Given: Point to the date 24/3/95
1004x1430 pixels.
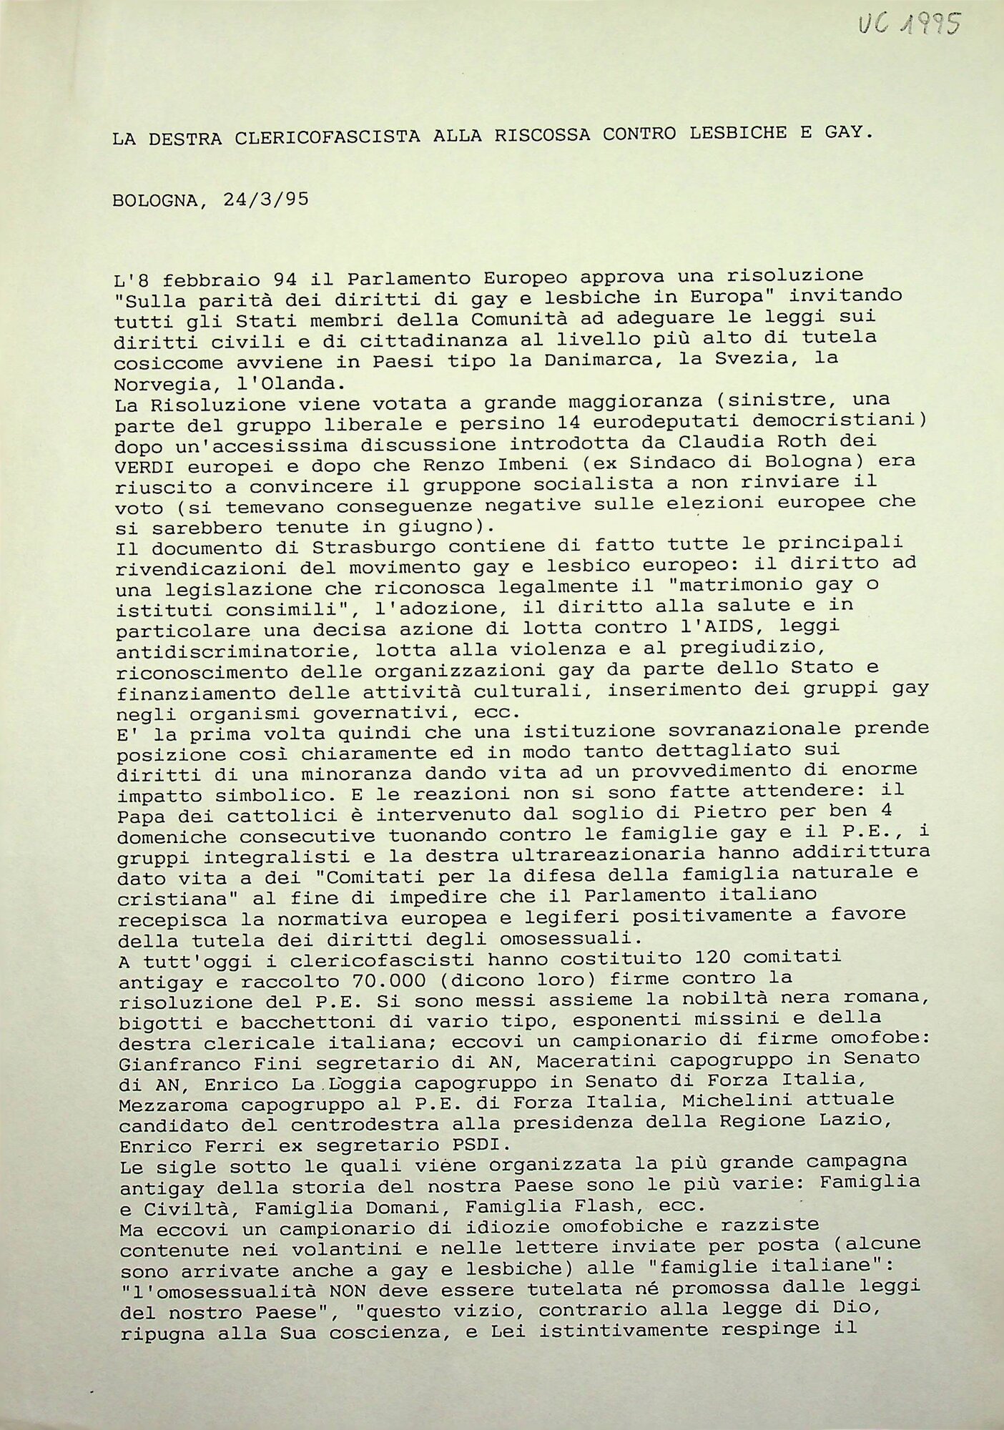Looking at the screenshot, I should click(265, 199).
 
